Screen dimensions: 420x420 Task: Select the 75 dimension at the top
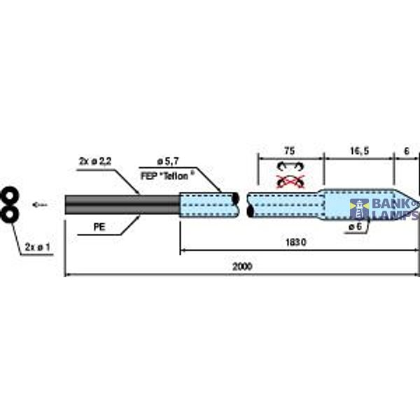289,150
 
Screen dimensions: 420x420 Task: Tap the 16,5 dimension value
358,150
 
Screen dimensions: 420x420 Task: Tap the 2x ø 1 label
38,247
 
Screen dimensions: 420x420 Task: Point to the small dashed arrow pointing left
40,204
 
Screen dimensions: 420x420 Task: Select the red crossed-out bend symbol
290,182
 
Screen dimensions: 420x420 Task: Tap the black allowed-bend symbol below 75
290,167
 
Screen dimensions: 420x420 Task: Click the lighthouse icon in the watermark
359,209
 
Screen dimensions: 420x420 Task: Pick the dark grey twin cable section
122,204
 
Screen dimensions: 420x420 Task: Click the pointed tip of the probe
414,202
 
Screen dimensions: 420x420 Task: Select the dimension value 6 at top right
407,150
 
